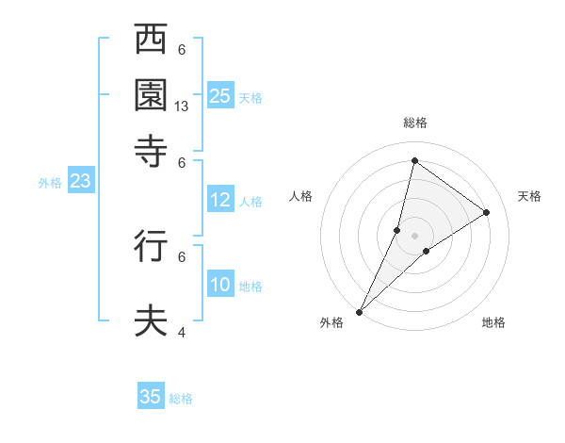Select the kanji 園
(x=152, y=94)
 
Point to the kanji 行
(x=152, y=245)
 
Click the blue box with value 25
(x=220, y=95)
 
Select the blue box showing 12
(x=220, y=200)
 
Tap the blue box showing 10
(x=220, y=285)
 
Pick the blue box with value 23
(x=80, y=182)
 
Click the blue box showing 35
(x=151, y=397)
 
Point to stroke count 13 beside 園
(x=183, y=107)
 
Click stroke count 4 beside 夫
(x=182, y=333)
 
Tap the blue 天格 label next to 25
(x=250, y=97)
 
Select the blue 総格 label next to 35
(x=181, y=399)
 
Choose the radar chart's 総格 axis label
(x=414, y=123)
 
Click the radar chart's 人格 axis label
(x=300, y=196)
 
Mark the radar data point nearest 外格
(x=359, y=311)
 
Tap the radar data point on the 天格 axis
(x=487, y=212)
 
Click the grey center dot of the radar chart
(x=414, y=236)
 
